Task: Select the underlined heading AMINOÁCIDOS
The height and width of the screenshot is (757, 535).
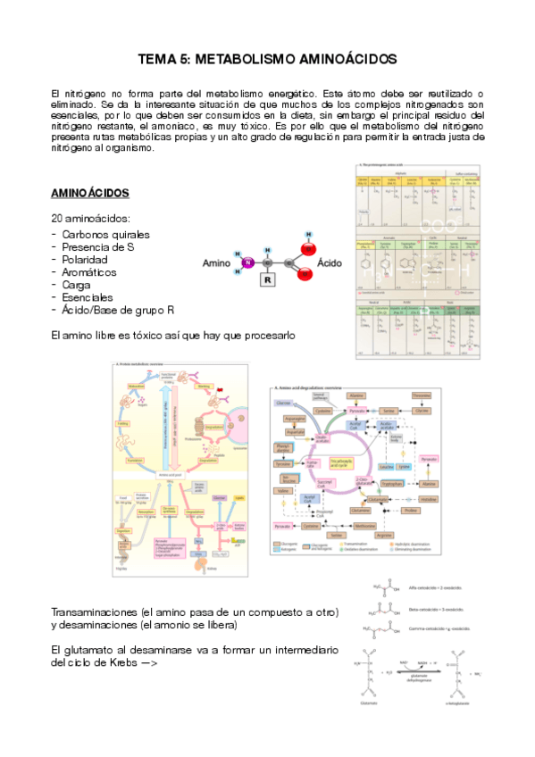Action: point(90,193)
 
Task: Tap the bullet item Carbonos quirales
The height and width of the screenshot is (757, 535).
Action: point(105,234)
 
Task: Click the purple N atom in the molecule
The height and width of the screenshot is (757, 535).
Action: point(249,262)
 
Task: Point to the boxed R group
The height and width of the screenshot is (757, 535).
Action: point(266,279)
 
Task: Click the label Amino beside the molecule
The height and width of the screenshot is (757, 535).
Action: point(217,263)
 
